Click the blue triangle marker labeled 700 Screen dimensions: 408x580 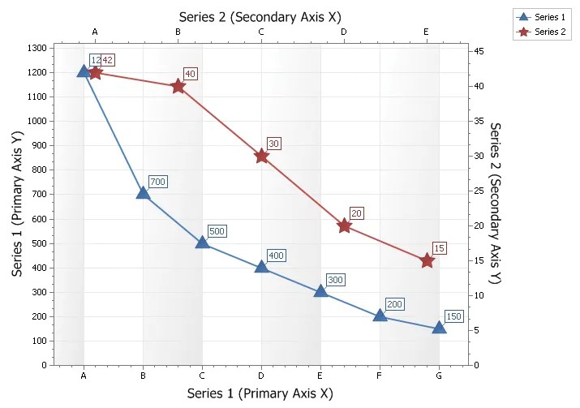pos(143,193)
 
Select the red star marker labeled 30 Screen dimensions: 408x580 pos(261,156)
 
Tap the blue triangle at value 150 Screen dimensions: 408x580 pos(439,328)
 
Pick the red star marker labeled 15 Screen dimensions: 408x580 pos(427,260)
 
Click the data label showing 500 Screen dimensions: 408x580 pos(217,231)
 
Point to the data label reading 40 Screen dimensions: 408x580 pos(191,74)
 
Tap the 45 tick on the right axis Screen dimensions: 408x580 pos(479,51)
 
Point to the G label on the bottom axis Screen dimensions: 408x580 pos(439,376)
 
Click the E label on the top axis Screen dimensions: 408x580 pos(427,32)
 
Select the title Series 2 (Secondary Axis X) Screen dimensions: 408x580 pos(260,15)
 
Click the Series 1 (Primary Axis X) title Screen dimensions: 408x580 pos(260,393)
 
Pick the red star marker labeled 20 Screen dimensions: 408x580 pos(344,225)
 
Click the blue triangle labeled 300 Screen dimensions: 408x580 pos(320,290)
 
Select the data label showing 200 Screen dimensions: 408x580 pos(394,304)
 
